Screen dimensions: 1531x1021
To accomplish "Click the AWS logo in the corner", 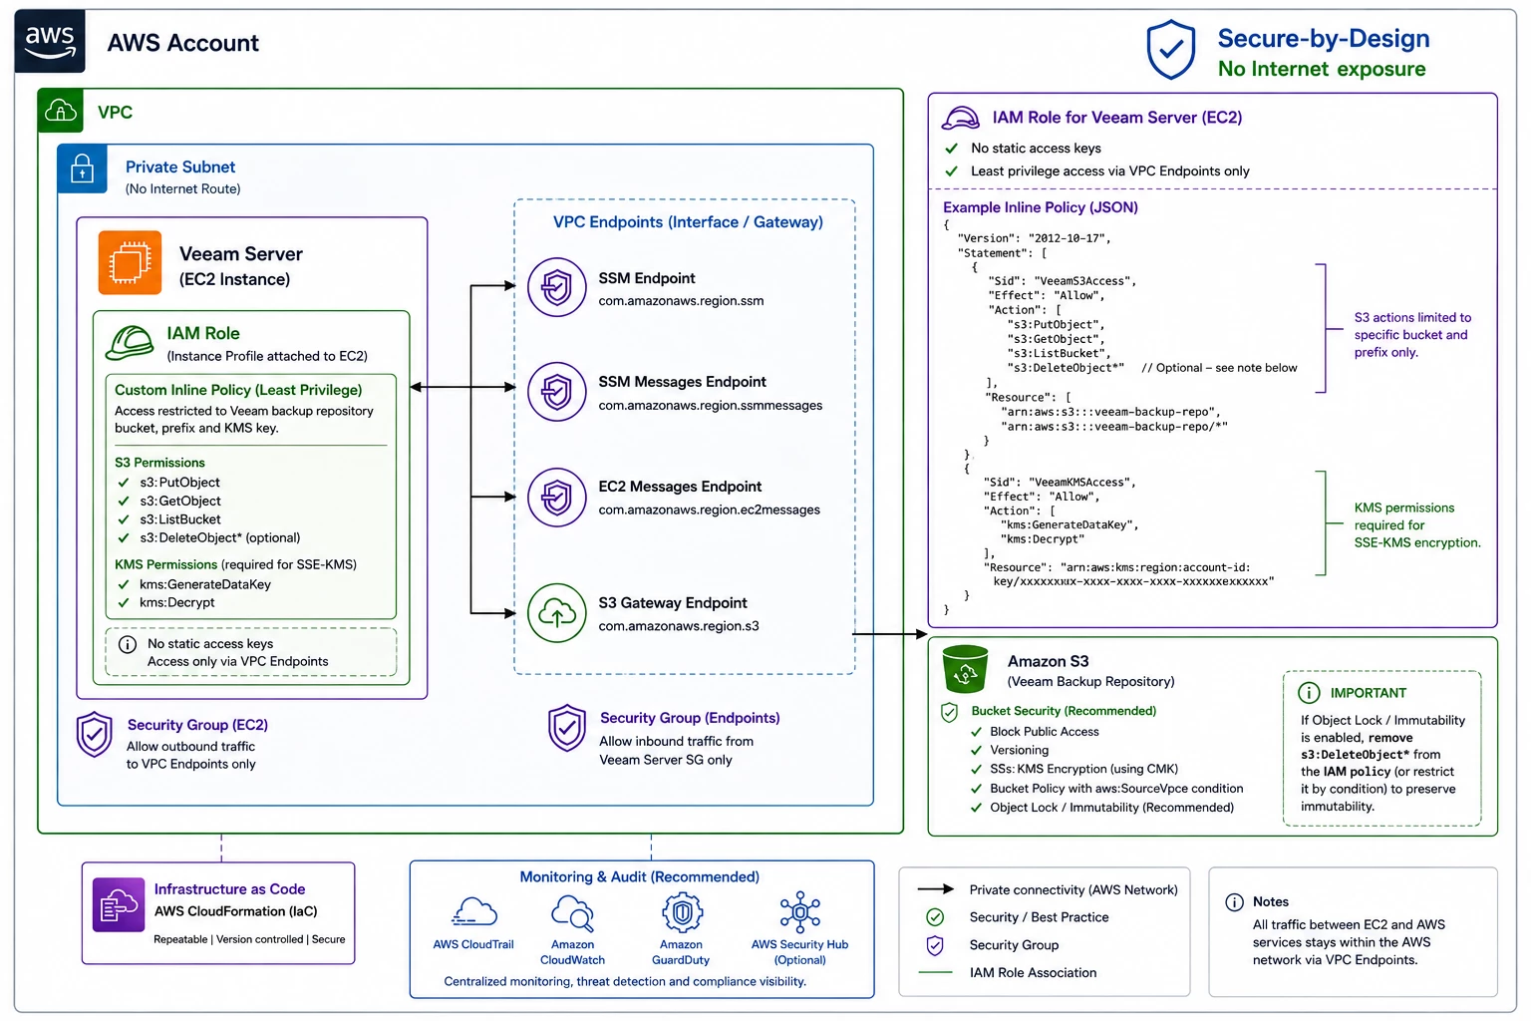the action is tap(50, 40).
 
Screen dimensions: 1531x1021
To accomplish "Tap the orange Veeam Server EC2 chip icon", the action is tap(130, 262).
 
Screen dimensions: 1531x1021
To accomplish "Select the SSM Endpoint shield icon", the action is tap(556, 287).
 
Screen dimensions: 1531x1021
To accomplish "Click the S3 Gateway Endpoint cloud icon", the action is tap(556, 613).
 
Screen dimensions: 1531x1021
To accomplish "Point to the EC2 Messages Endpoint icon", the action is tap(556, 498).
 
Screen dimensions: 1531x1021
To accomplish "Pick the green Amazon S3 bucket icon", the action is tap(965, 669).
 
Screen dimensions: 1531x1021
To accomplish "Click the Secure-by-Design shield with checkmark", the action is tap(1171, 49).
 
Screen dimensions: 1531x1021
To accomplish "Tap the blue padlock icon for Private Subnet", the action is tap(82, 169).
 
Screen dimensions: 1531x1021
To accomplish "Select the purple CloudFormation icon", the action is tap(119, 904).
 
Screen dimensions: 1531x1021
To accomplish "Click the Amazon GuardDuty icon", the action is tap(682, 912).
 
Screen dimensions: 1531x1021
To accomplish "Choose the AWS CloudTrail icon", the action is tap(473, 912).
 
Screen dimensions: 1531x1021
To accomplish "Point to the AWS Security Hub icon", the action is tap(799, 912).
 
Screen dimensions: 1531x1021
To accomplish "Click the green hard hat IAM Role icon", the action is tap(130, 343).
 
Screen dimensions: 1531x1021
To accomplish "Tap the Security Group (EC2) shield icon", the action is tap(95, 735).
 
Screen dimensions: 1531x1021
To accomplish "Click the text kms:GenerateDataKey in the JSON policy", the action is tap(1069, 525).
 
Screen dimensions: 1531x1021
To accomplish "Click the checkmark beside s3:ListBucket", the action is tap(124, 519).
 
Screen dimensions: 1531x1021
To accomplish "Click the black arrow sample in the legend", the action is tap(935, 889).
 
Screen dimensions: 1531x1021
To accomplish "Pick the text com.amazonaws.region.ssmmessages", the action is tap(710, 406).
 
